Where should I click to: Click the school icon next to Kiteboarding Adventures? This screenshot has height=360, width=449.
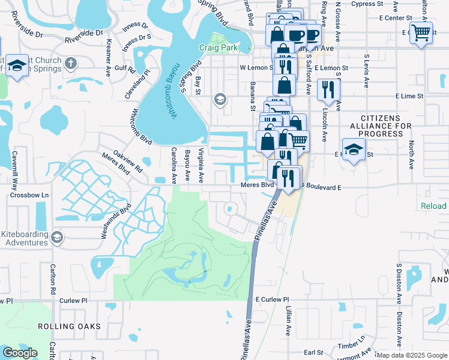(57, 236)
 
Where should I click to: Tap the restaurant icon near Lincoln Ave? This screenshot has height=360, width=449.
(328, 90)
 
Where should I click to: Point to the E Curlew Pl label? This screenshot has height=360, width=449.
(272, 299)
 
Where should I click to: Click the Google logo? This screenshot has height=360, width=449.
(20, 353)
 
